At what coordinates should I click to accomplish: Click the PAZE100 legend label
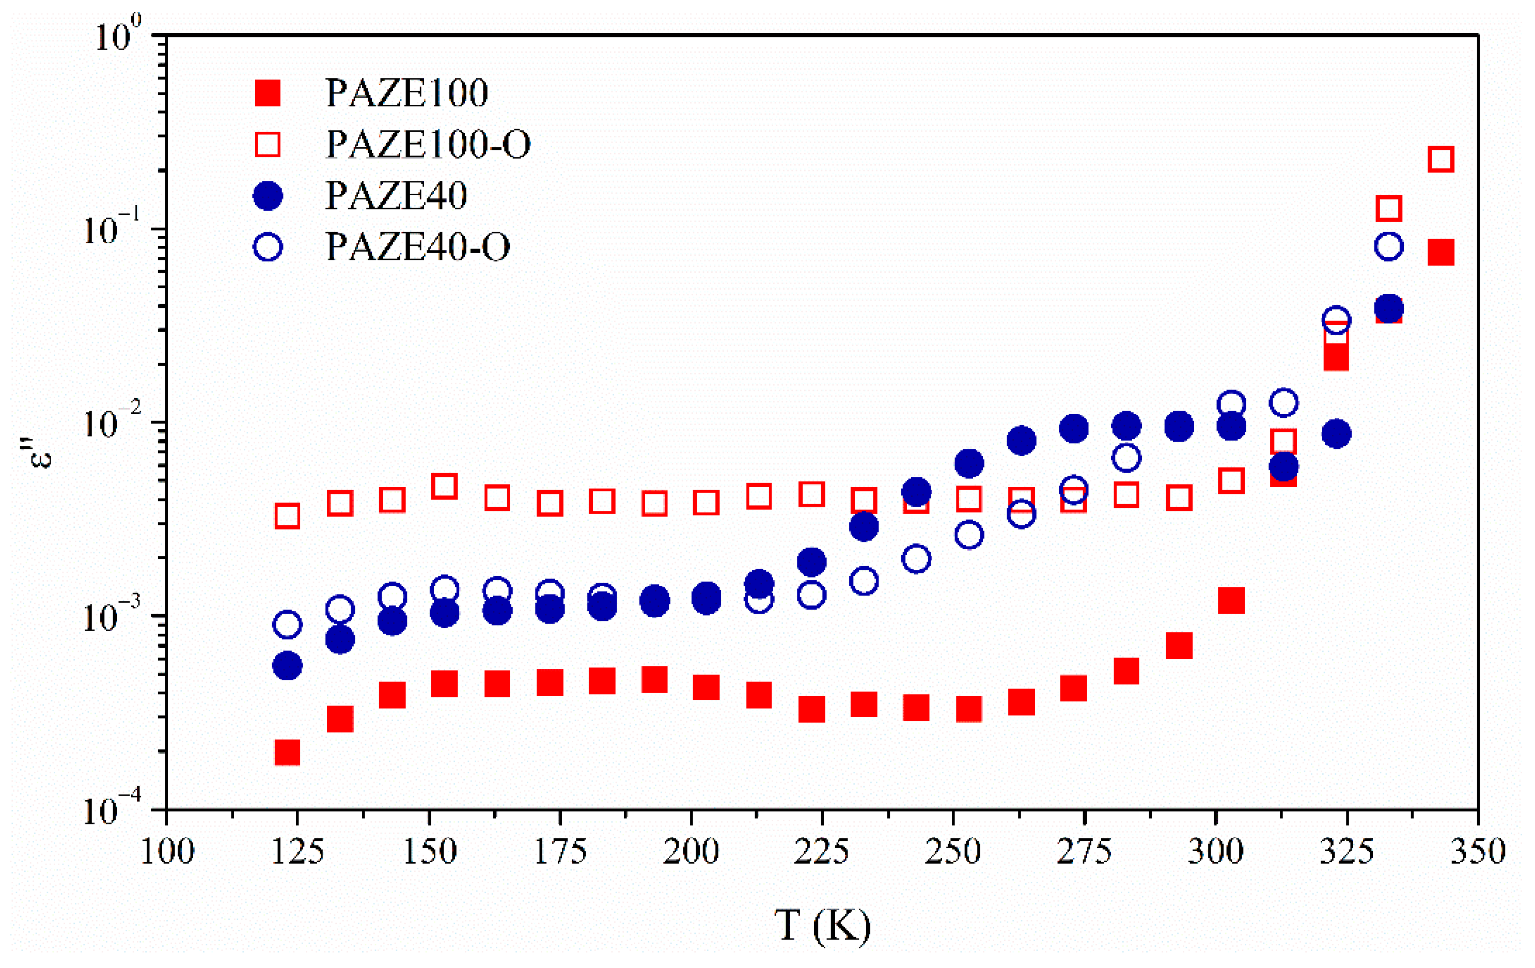[x=406, y=93]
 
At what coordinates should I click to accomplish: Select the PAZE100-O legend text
[x=428, y=144]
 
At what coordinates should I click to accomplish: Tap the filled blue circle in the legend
[x=268, y=195]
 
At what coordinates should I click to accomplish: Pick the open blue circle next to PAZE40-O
[x=268, y=246]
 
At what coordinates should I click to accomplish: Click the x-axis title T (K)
[x=822, y=926]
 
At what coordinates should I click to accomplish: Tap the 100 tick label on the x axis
[x=167, y=852]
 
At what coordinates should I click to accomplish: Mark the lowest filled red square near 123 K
[x=288, y=753]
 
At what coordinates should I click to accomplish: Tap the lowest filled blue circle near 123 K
[x=288, y=666]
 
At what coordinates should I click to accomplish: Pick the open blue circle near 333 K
[x=1389, y=246]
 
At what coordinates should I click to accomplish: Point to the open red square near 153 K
[x=444, y=487]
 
